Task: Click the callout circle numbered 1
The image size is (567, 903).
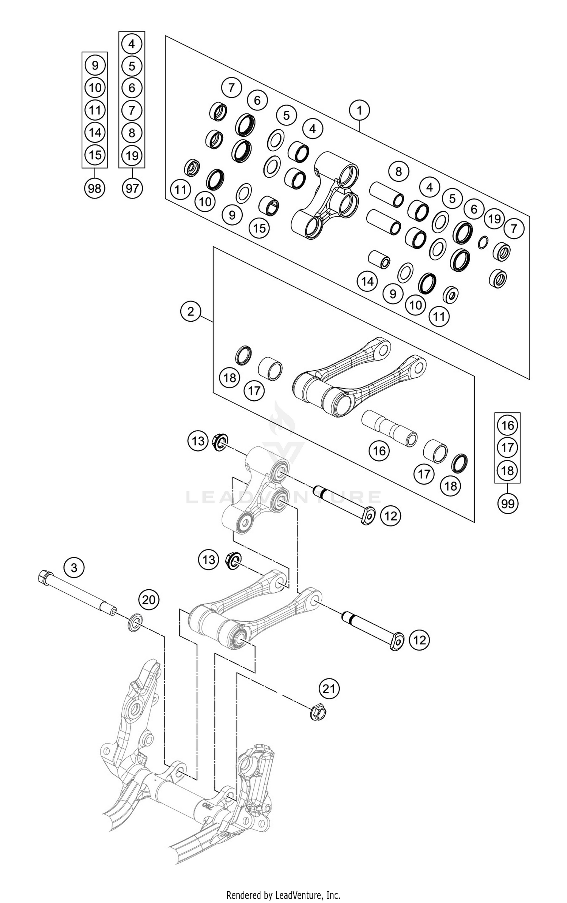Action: coord(359,111)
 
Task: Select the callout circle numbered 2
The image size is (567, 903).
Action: coord(191,311)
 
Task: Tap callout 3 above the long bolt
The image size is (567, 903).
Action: coord(74,567)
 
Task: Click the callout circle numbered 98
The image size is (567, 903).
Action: coord(94,188)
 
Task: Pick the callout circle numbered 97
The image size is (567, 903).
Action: coord(132,188)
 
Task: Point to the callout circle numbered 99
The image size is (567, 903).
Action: coord(508,503)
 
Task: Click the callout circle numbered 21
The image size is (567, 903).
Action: coord(329,689)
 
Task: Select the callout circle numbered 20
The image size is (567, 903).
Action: coord(149,600)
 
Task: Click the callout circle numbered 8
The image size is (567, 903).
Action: coord(398,172)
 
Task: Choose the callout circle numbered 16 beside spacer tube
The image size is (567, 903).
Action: coord(379,451)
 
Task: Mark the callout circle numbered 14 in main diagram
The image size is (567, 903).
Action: coord(367,281)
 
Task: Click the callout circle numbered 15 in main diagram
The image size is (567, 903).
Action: coord(259,228)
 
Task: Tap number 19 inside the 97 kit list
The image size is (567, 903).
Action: coord(132,155)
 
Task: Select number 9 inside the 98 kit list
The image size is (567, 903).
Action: coord(94,66)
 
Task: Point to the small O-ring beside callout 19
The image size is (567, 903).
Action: coord(483,242)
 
